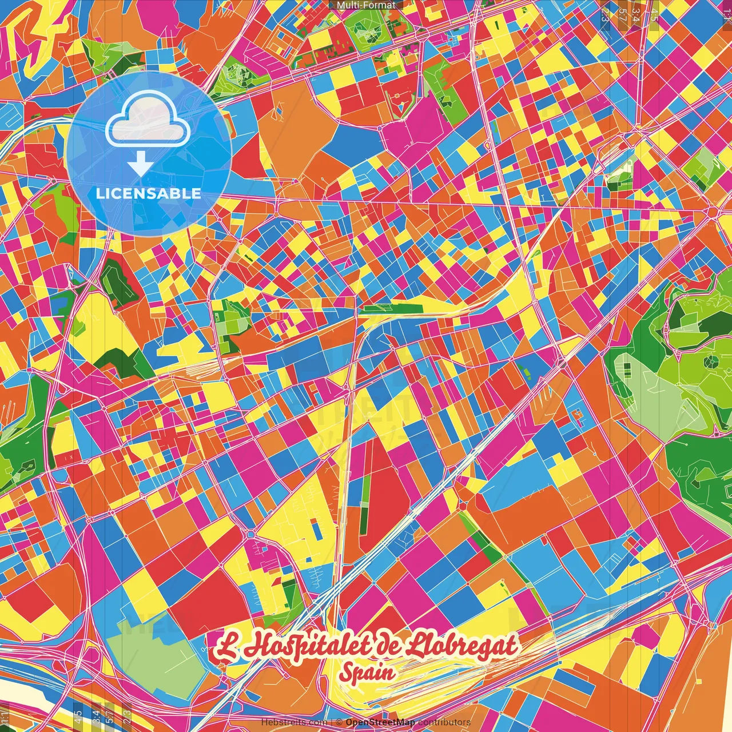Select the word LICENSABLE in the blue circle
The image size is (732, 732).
[148, 193]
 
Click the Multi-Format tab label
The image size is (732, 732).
[365, 5]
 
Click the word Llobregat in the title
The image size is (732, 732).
[463, 646]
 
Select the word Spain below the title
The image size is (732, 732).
[366, 673]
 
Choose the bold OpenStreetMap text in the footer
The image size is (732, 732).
[380, 722]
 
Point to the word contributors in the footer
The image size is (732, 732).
[444, 722]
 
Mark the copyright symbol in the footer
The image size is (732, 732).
[339, 722]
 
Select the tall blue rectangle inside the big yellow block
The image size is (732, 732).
[316, 530]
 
